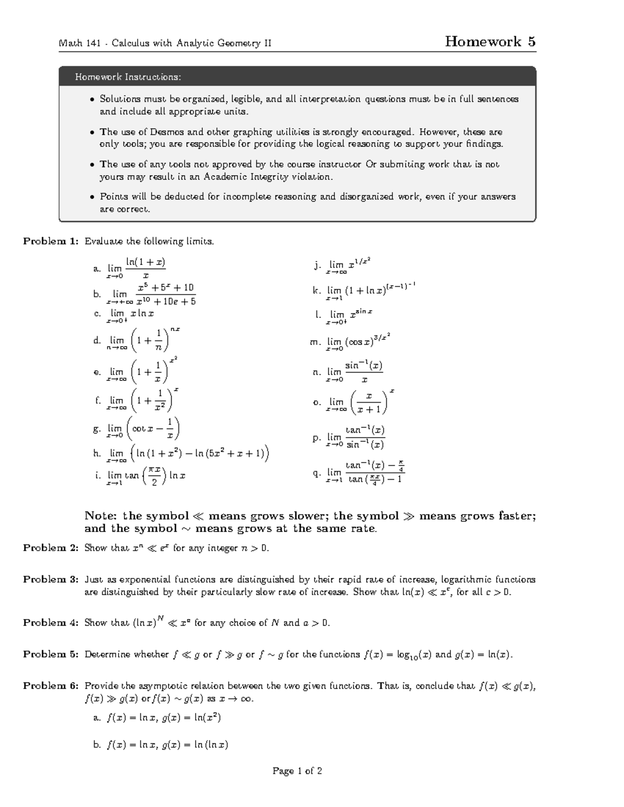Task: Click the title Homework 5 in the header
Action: (490, 42)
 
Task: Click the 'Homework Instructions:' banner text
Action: (128, 77)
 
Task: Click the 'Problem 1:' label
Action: (50, 241)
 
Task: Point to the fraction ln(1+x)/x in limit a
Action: (146, 268)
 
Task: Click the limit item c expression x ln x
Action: (142, 314)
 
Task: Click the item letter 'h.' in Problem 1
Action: (97, 453)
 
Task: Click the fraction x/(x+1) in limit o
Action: (369, 403)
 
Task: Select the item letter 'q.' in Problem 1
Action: (316, 473)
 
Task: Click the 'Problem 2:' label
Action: (50, 548)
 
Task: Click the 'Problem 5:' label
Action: (50, 655)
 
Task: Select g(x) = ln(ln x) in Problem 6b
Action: (195, 745)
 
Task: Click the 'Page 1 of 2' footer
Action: (297, 771)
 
